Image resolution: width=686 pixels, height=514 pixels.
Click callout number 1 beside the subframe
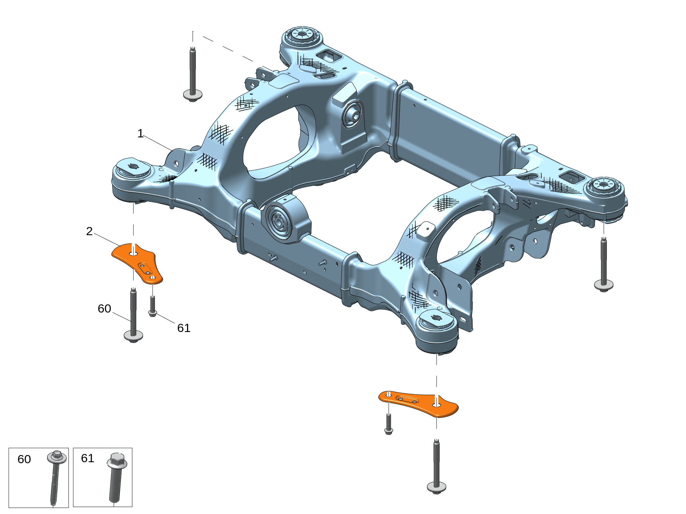pyautogui.click(x=140, y=133)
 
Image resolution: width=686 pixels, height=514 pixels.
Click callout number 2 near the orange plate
pyautogui.click(x=89, y=231)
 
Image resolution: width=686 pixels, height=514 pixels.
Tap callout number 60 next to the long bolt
pyautogui.click(x=104, y=308)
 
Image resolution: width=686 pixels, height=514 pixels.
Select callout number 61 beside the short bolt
pyautogui.click(x=184, y=328)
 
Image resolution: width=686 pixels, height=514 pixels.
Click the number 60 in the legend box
pyautogui.click(x=24, y=459)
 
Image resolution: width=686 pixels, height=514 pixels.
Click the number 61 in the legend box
pyautogui.click(x=88, y=458)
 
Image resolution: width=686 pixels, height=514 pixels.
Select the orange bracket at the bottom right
pyautogui.click(x=418, y=404)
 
